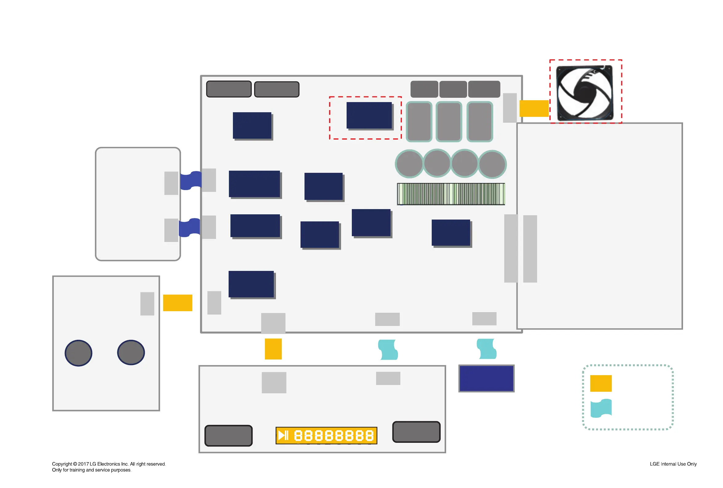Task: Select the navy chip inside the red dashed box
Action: [x=369, y=115]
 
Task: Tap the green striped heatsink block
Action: [x=450, y=194]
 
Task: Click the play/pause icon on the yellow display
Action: [x=283, y=435]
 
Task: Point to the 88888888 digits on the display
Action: [x=333, y=435]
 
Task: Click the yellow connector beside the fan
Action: [x=534, y=108]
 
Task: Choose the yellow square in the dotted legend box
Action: [x=600, y=383]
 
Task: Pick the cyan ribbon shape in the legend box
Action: [x=600, y=408]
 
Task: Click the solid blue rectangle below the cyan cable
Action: [x=486, y=378]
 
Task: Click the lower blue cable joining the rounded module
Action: [x=189, y=228]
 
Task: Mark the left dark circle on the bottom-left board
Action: [x=78, y=353]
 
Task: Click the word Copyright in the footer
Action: [x=62, y=464]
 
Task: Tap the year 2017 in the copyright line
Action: [x=83, y=464]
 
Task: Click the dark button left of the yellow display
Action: [x=228, y=435]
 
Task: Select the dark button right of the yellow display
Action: [x=416, y=432]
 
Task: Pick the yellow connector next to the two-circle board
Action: [x=178, y=303]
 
